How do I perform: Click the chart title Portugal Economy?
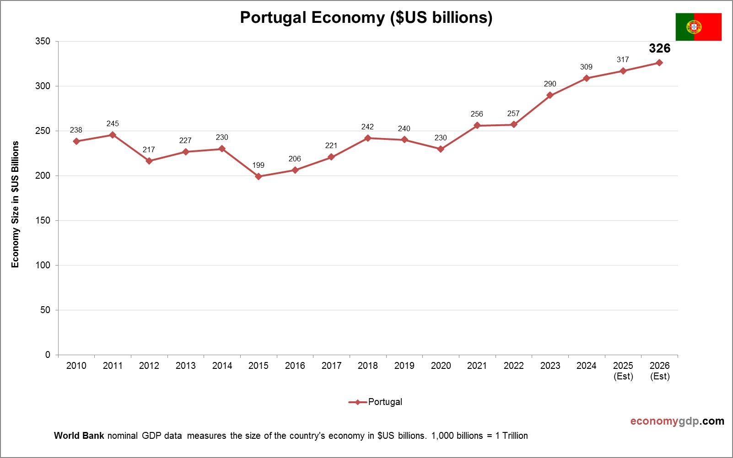[x=366, y=17]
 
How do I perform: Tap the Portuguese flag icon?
[x=698, y=27]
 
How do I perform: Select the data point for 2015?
[x=259, y=176]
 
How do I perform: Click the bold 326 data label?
[x=659, y=48]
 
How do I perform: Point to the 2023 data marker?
[x=550, y=96]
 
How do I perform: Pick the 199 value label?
[x=258, y=165]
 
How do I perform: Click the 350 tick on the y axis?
[x=43, y=42]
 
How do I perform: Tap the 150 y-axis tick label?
[x=43, y=221]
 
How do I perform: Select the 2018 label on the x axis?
[x=367, y=366]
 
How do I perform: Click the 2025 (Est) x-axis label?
[x=623, y=371]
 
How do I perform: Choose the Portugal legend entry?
[x=376, y=402]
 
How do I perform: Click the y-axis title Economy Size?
[x=16, y=204]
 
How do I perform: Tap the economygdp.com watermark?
[x=677, y=421]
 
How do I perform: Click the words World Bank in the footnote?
[x=79, y=436]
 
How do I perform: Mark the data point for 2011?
[x=113, y=135]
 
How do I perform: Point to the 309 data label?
[x=586, y=67]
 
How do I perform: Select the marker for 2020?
[x=441, y=149]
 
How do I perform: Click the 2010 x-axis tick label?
[x=76, y=366]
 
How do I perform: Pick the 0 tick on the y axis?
[x=48, y=355]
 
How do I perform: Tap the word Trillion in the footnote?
[x=515, y=436]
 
